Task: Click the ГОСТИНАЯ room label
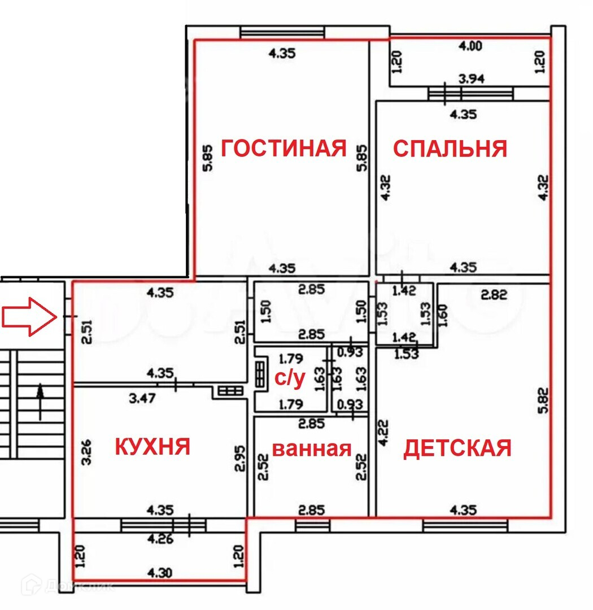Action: click(283, 149)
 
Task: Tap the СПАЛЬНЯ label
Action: click(450, 149)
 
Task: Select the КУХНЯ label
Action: click(152, 447)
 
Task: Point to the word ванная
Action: click(312, 449)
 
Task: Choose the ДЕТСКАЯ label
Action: click(457, 448)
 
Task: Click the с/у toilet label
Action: click(290, 380)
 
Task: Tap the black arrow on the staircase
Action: click(40, 402)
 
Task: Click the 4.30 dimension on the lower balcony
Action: click(159, 573)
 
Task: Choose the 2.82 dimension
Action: click(494, 294)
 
